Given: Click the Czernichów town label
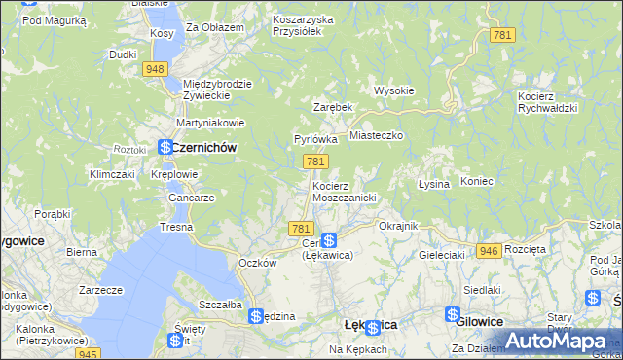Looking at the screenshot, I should (204, 147).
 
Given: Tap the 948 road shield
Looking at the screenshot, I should (155, 69).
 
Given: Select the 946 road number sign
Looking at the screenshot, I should (489, 251).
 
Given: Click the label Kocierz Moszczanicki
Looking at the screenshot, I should (344, 191).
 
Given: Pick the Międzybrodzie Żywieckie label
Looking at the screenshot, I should (217, 90).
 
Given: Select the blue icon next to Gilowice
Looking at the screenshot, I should (453, 314).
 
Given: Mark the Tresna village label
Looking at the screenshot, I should (177, 227).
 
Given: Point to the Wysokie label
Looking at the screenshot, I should (394, 90).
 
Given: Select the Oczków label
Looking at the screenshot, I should (258, 263).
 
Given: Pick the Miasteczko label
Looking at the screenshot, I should (376, 136).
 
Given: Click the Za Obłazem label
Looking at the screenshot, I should (215, 27).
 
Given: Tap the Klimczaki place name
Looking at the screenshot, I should (111, 174).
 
